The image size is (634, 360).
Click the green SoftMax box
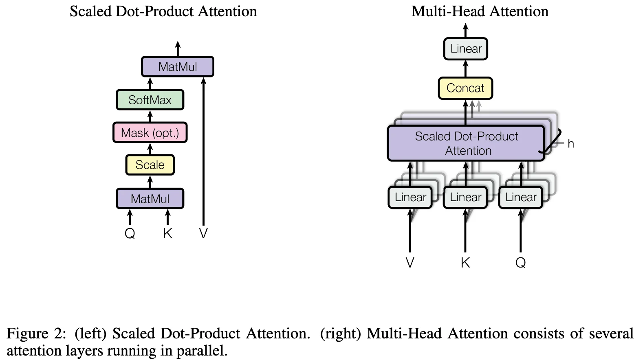click(150, 100)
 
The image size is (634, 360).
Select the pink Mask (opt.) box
click(150, 132)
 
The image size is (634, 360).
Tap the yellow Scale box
click(150, 165)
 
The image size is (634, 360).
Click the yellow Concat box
click(465, 88)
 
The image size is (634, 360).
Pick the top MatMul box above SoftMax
click(178, 67)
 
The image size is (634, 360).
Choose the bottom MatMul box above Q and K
click(150, 199)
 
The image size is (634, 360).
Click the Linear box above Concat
click(466, 49)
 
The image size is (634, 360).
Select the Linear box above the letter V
click(410, 198)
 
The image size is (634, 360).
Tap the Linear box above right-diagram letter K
click(465, 198)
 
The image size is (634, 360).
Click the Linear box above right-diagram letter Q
click(521, 198)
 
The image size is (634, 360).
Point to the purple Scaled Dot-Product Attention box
click(466, 143)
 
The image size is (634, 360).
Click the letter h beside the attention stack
click(571, 144)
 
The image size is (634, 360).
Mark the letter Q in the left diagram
click(130, 233)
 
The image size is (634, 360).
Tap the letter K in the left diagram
click(167, 233)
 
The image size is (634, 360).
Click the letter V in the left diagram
click(203, 233)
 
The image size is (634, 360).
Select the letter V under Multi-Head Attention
click(410, 263)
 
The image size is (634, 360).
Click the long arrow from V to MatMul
click(203, 155)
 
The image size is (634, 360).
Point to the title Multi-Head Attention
click(480, 11)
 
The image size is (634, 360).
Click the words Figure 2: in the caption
click(36, 334)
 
